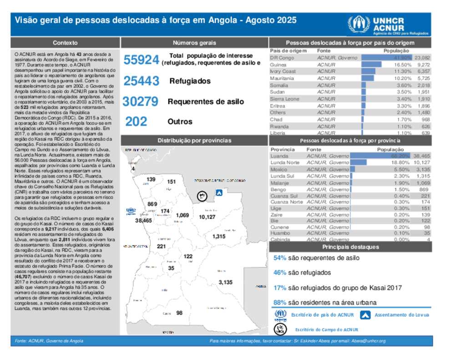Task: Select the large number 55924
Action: [x=141, y=60]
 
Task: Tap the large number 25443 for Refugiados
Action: [x=141, y=81]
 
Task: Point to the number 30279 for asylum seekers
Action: [x=141, y=101]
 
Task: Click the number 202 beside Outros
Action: [x=136, y=122]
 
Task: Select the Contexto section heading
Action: [x=65, y=43]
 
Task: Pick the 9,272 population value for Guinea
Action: [x=423, y=65]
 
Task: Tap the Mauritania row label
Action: [x=282, y=78]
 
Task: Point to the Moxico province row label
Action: [x=279, y=169]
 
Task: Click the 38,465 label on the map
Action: [x=143, y=221]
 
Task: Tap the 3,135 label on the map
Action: [x=225, y=283]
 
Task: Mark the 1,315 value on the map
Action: [x=219, y=237]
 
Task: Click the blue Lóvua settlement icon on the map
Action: [x=219, y=193]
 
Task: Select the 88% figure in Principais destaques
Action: [x=279, y=302]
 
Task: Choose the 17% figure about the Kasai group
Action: [x=279, y=288]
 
